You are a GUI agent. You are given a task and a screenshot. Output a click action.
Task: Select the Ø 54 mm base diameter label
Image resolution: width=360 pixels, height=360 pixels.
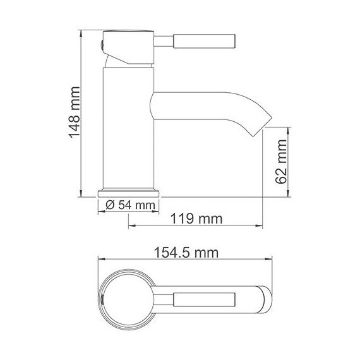[x=129, y=205]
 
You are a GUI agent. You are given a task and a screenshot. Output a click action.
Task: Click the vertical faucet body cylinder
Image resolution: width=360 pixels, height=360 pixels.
[x=128, y=126]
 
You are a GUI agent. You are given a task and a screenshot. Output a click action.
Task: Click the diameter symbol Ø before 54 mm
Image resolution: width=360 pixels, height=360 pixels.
[x=109, y=205]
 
